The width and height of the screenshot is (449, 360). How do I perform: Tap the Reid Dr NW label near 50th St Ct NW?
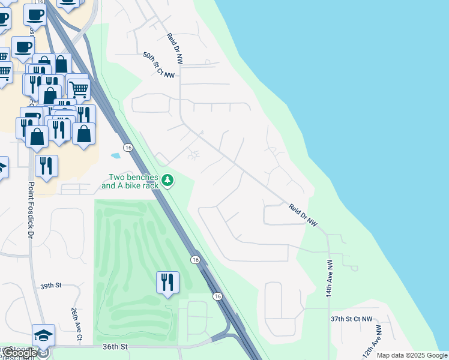click(175, 47)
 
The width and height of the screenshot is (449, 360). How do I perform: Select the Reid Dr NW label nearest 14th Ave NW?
click(303, 215)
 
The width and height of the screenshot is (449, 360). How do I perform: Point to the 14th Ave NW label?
click(330, 280)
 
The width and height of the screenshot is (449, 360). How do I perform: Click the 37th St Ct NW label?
click(351, 319)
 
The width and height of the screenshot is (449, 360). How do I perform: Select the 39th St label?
click(51, 286)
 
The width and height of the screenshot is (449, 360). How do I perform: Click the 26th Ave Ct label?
click(76, 325)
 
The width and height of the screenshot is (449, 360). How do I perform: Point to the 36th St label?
click(115, 347)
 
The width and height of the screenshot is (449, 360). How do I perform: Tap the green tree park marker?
click(169, 180)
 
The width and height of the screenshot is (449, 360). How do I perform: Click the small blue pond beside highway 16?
click(116, 155)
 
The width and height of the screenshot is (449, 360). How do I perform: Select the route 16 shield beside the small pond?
click(128, 147)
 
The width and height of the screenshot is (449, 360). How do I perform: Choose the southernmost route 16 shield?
click(217, 296)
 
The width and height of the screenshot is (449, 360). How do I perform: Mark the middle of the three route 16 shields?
click(195, 259)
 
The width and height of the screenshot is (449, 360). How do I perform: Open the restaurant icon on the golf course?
click(167, 281)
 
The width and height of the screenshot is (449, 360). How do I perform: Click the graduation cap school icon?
click(43, 335)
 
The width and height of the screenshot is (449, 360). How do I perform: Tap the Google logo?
click(19, 353)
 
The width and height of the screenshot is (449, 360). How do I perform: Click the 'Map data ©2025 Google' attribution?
click(412, 355)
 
